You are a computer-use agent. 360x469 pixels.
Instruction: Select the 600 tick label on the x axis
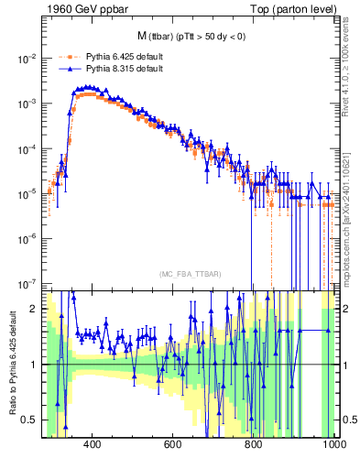(173, 445)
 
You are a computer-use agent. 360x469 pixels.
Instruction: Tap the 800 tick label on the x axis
(254, 445)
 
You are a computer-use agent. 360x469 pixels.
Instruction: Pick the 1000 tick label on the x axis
(332, 445)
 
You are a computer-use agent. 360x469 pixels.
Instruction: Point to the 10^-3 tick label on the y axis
(27, 104)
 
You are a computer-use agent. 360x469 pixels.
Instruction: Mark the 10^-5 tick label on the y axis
(27, 193)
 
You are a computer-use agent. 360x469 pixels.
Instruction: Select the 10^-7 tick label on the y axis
(27, 283)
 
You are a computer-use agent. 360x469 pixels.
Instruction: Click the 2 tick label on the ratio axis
(33, 309)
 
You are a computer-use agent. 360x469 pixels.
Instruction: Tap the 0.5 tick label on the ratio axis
(29, 420)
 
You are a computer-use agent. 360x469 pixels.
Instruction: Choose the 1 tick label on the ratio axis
(33, 365)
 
